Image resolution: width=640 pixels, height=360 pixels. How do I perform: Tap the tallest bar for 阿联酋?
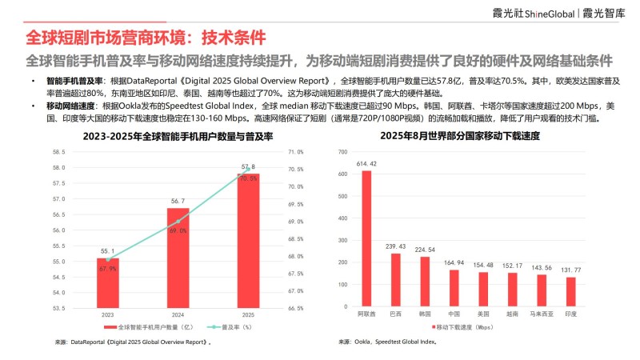point(366,239)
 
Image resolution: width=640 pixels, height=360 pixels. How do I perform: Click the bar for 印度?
point(570,292)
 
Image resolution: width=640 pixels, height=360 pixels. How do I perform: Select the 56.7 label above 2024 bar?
point(178,201)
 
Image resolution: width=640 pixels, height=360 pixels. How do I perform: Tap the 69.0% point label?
point(178,230)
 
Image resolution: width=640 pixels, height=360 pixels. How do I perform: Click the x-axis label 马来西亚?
point(542,314)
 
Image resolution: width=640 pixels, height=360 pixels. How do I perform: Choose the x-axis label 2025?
point(247,314)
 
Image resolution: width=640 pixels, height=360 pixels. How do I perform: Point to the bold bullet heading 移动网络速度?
point(70,106)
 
